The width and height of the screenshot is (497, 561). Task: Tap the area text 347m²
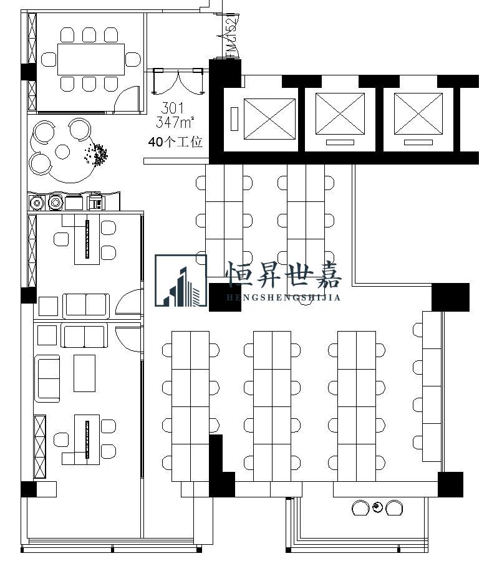coord(175,121)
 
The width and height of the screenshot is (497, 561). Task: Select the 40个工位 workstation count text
coord(175,142)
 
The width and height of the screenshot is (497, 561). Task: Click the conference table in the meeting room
coord(92,59)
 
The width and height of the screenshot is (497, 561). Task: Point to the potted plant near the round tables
coord(97,155)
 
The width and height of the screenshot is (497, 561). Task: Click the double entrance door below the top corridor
coord(179,81)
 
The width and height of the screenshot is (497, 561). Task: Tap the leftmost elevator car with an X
coord(269,118)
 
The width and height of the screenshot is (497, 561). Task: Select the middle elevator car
coord(340,113)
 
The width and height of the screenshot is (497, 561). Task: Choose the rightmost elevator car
coord(418,113)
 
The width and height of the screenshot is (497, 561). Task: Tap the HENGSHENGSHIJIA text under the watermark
coord(283,297)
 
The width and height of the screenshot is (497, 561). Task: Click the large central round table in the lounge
coord(62,151)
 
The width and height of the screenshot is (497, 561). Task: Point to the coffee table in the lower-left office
coord(84,373)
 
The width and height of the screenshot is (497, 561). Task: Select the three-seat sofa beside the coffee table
coord(47,377)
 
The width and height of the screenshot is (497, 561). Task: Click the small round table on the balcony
coord(378,508)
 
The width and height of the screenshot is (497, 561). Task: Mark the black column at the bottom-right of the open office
coord(450,484)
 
